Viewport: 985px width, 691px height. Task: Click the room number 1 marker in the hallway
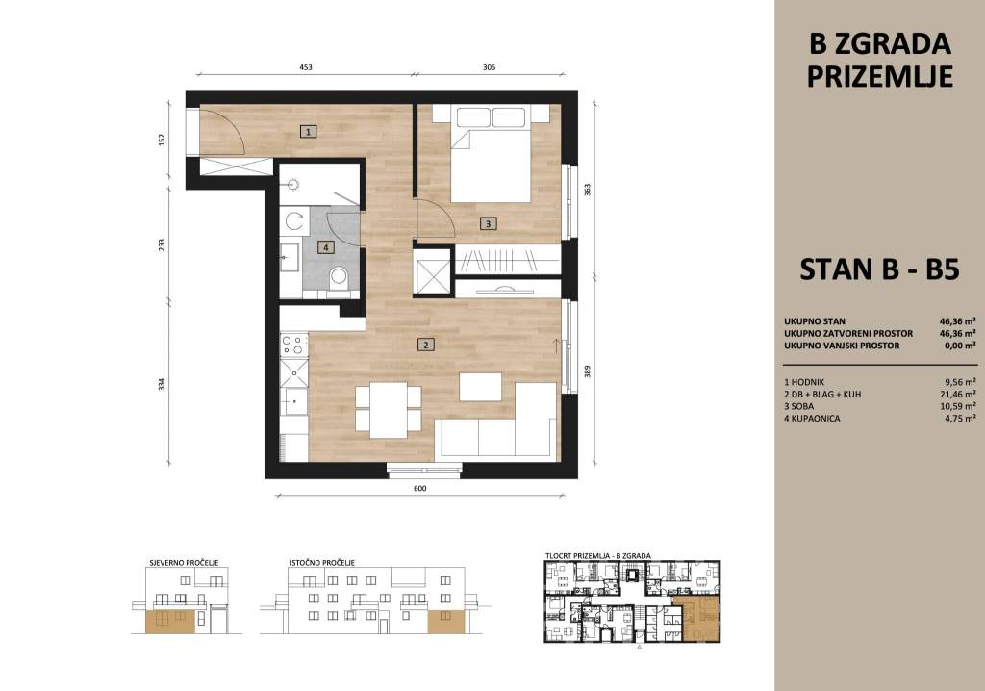[308, 132]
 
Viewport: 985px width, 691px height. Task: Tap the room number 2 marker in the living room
[426, 344]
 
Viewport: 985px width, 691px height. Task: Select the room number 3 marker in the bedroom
[488, 222]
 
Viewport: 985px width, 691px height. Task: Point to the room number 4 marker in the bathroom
[325, 247]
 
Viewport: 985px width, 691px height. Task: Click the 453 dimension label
[305, 66]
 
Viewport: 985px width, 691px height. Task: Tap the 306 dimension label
[489, 66]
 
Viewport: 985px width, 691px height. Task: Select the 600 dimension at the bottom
[420, 489]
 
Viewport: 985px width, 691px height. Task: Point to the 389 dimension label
[588, 372]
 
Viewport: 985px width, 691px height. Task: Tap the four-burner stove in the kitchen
[294, 345]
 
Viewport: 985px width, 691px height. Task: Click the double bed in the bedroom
[491, 154]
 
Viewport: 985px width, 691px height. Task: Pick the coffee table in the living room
[480, 387]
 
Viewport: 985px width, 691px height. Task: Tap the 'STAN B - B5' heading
[879, 269]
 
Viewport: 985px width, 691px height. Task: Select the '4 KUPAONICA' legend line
[812, 418]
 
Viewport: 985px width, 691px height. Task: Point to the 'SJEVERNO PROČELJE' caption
[184, 563]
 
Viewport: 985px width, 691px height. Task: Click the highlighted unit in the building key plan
[695, 618]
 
